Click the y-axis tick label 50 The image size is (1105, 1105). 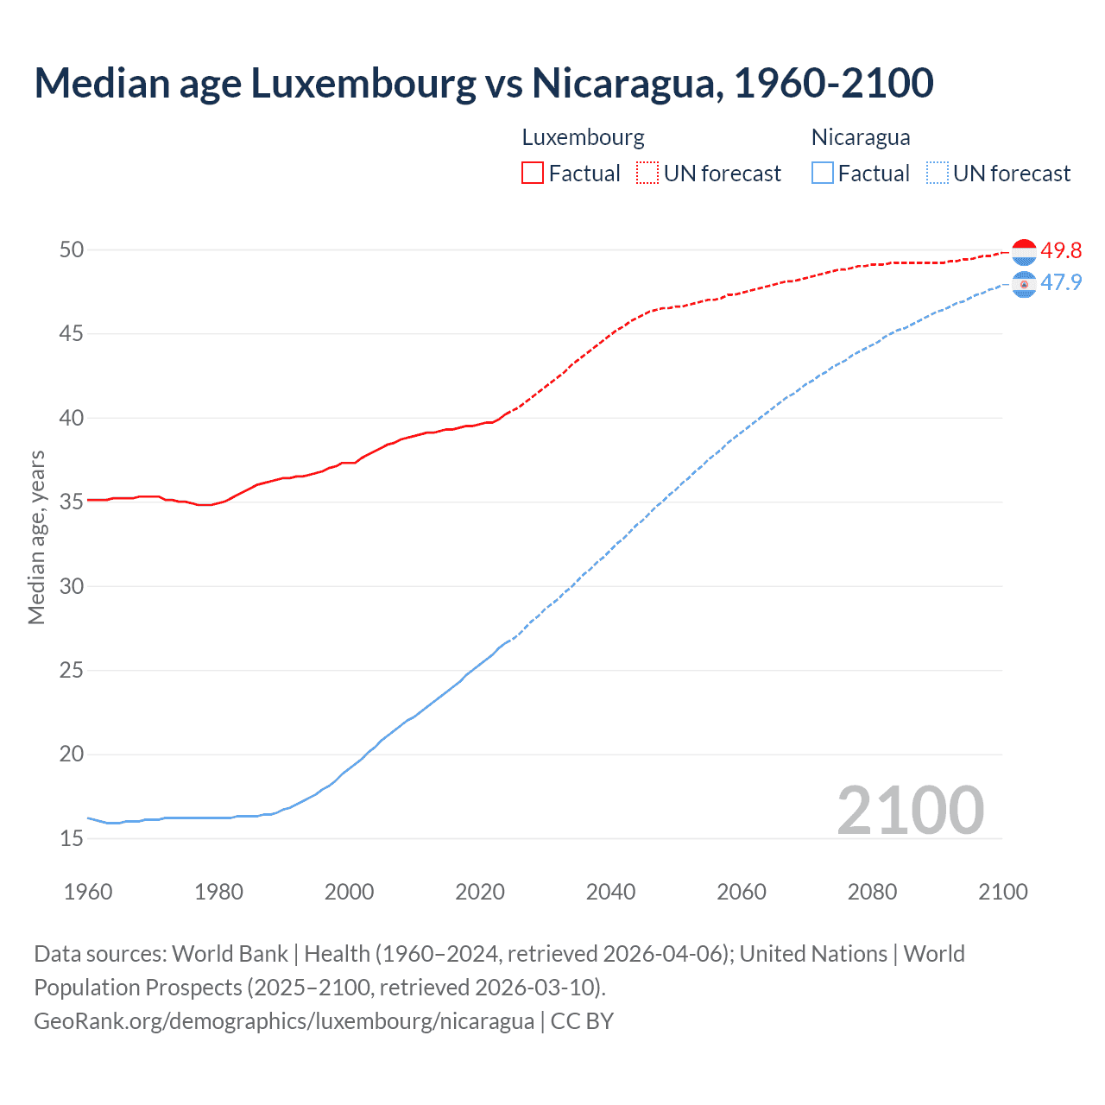point(72,250)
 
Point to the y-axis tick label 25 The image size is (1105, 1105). point(72,671)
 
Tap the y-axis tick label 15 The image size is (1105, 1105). point(72,838)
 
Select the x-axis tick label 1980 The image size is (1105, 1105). point(218,892)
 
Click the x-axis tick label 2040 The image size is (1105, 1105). point(610,892)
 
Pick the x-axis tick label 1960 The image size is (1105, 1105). point(88,892)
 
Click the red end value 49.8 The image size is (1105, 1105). point(1061,251)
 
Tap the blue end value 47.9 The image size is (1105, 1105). point(1061,283)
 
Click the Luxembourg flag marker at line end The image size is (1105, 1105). point(1024,251)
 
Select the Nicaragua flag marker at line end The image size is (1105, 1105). point(1024,284)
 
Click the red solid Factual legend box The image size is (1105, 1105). point(533,174)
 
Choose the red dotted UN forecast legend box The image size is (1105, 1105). point(647,174)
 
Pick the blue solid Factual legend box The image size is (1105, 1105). point(823,174)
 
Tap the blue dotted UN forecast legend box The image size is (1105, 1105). point(938,174)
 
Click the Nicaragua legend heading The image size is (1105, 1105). point(861,138)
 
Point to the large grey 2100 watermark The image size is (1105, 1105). point(910,811)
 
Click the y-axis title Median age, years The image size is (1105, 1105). point(36,537)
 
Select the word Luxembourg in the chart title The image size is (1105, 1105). point(363,84)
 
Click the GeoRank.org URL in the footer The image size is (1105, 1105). point(284,1021)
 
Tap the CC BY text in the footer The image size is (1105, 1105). point(583,1021)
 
